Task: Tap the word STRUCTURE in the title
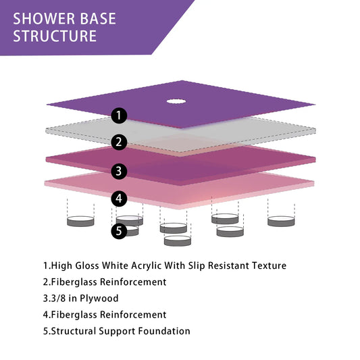55,36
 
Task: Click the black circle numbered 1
120,115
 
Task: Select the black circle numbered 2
120,143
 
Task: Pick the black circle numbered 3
120,171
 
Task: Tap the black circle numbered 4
120,199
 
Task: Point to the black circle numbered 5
120,231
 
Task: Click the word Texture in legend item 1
268,266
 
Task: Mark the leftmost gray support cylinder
80,221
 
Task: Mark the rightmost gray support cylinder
282,221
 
